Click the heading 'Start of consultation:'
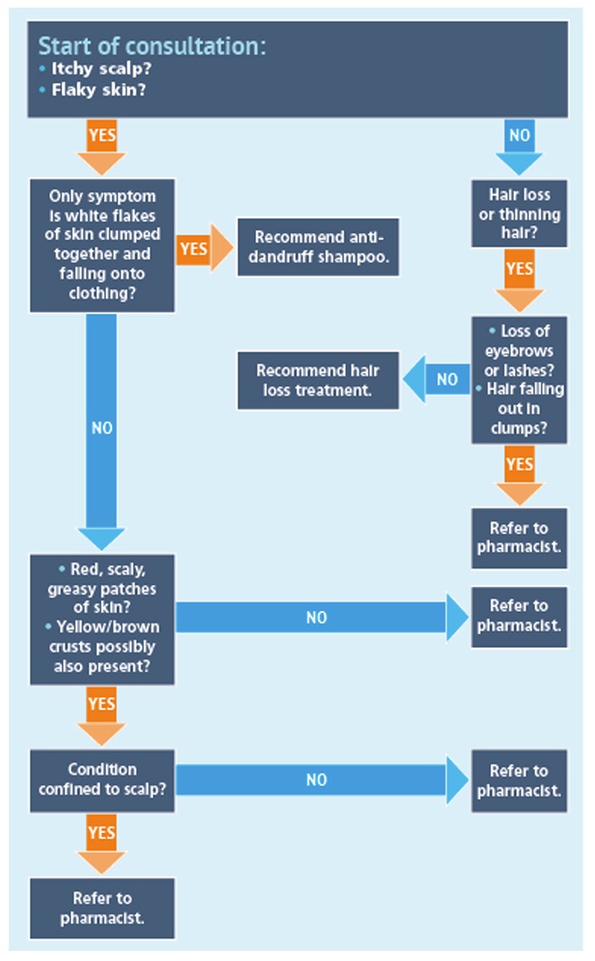(151, 46)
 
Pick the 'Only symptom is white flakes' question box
(101, 245)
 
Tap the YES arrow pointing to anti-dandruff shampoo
(200, 248)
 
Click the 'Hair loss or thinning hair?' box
(519, 214)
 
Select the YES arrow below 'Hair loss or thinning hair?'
(519, 277)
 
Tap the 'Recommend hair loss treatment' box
(318, 380)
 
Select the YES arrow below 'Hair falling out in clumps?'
(519, 473)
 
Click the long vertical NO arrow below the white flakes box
(101, 427)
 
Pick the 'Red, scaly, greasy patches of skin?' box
(101, 618)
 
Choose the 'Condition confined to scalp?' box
(101, 779)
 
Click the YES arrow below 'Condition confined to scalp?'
(101, 842)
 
